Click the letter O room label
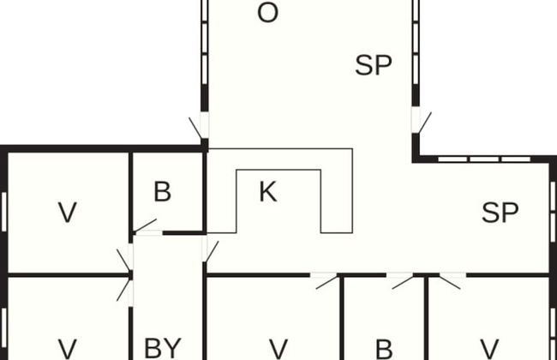pyautogui.click(x=267, y=15)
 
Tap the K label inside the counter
pyautogui.click(x=267, y=193)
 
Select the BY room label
pyautogui.click(x=163, y=348)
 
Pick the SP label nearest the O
pyautogui.click(x=374, y=66)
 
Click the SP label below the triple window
pyautogui.click(x=500, y=213)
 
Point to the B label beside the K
pyautogui.click(x=162, y=192)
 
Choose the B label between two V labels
pyautogui.click(x=384, y=349)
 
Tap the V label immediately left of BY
pyautogui.click(x=67, y=349)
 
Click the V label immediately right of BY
pyautogui.click(x=278, y=349)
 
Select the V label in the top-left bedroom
pyautogui.click(x=67, y=212)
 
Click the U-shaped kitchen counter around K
pyautogui.click(x=336, y=190)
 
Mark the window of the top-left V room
pyautogui.click(x=4, y=212)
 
